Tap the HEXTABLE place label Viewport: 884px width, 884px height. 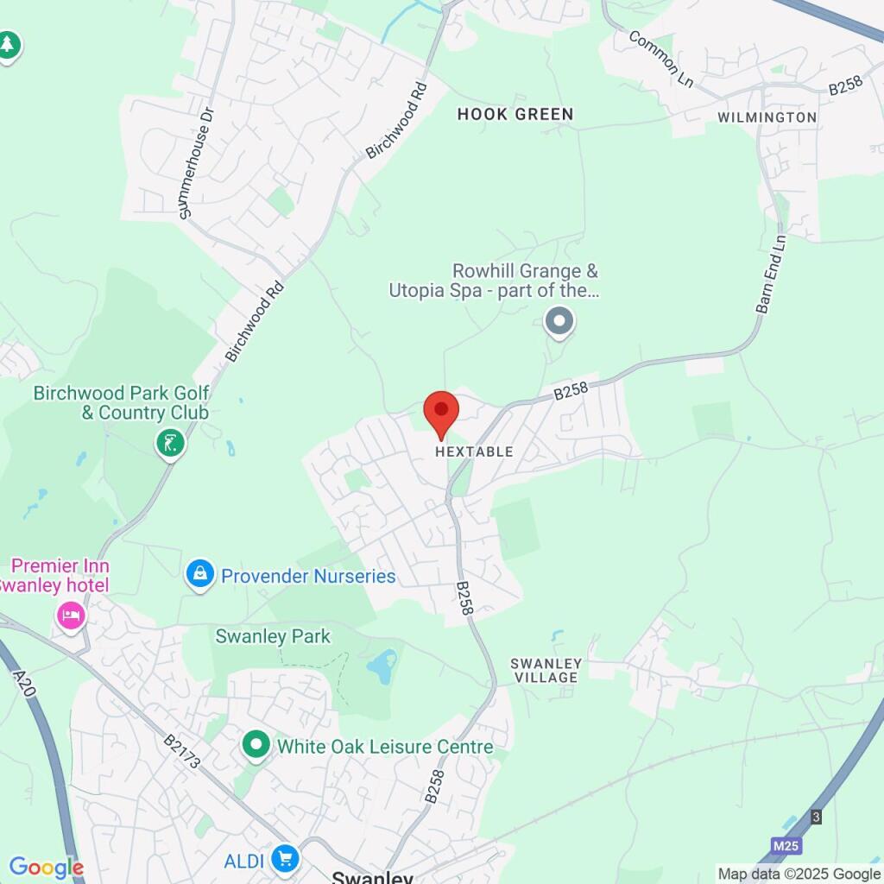[x=474, y=451]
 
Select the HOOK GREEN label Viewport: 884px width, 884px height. [x=515, y=114]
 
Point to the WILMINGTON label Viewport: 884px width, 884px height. [x=767, y=117]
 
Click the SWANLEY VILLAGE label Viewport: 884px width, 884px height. [x=546, y=671]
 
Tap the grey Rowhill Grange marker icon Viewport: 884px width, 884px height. [x=559, y=322]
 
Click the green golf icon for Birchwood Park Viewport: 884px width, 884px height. [x=170, y=444]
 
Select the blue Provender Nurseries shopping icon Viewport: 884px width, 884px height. [x=200, y=574]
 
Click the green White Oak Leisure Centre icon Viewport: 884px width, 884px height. [x=256, y=745]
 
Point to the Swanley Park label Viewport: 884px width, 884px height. [x=273, y=637]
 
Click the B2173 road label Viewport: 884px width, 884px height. [x=182, y=751]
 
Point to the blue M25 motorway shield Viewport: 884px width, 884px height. [x=786, y=846]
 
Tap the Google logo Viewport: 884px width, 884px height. [x=46, y=868]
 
